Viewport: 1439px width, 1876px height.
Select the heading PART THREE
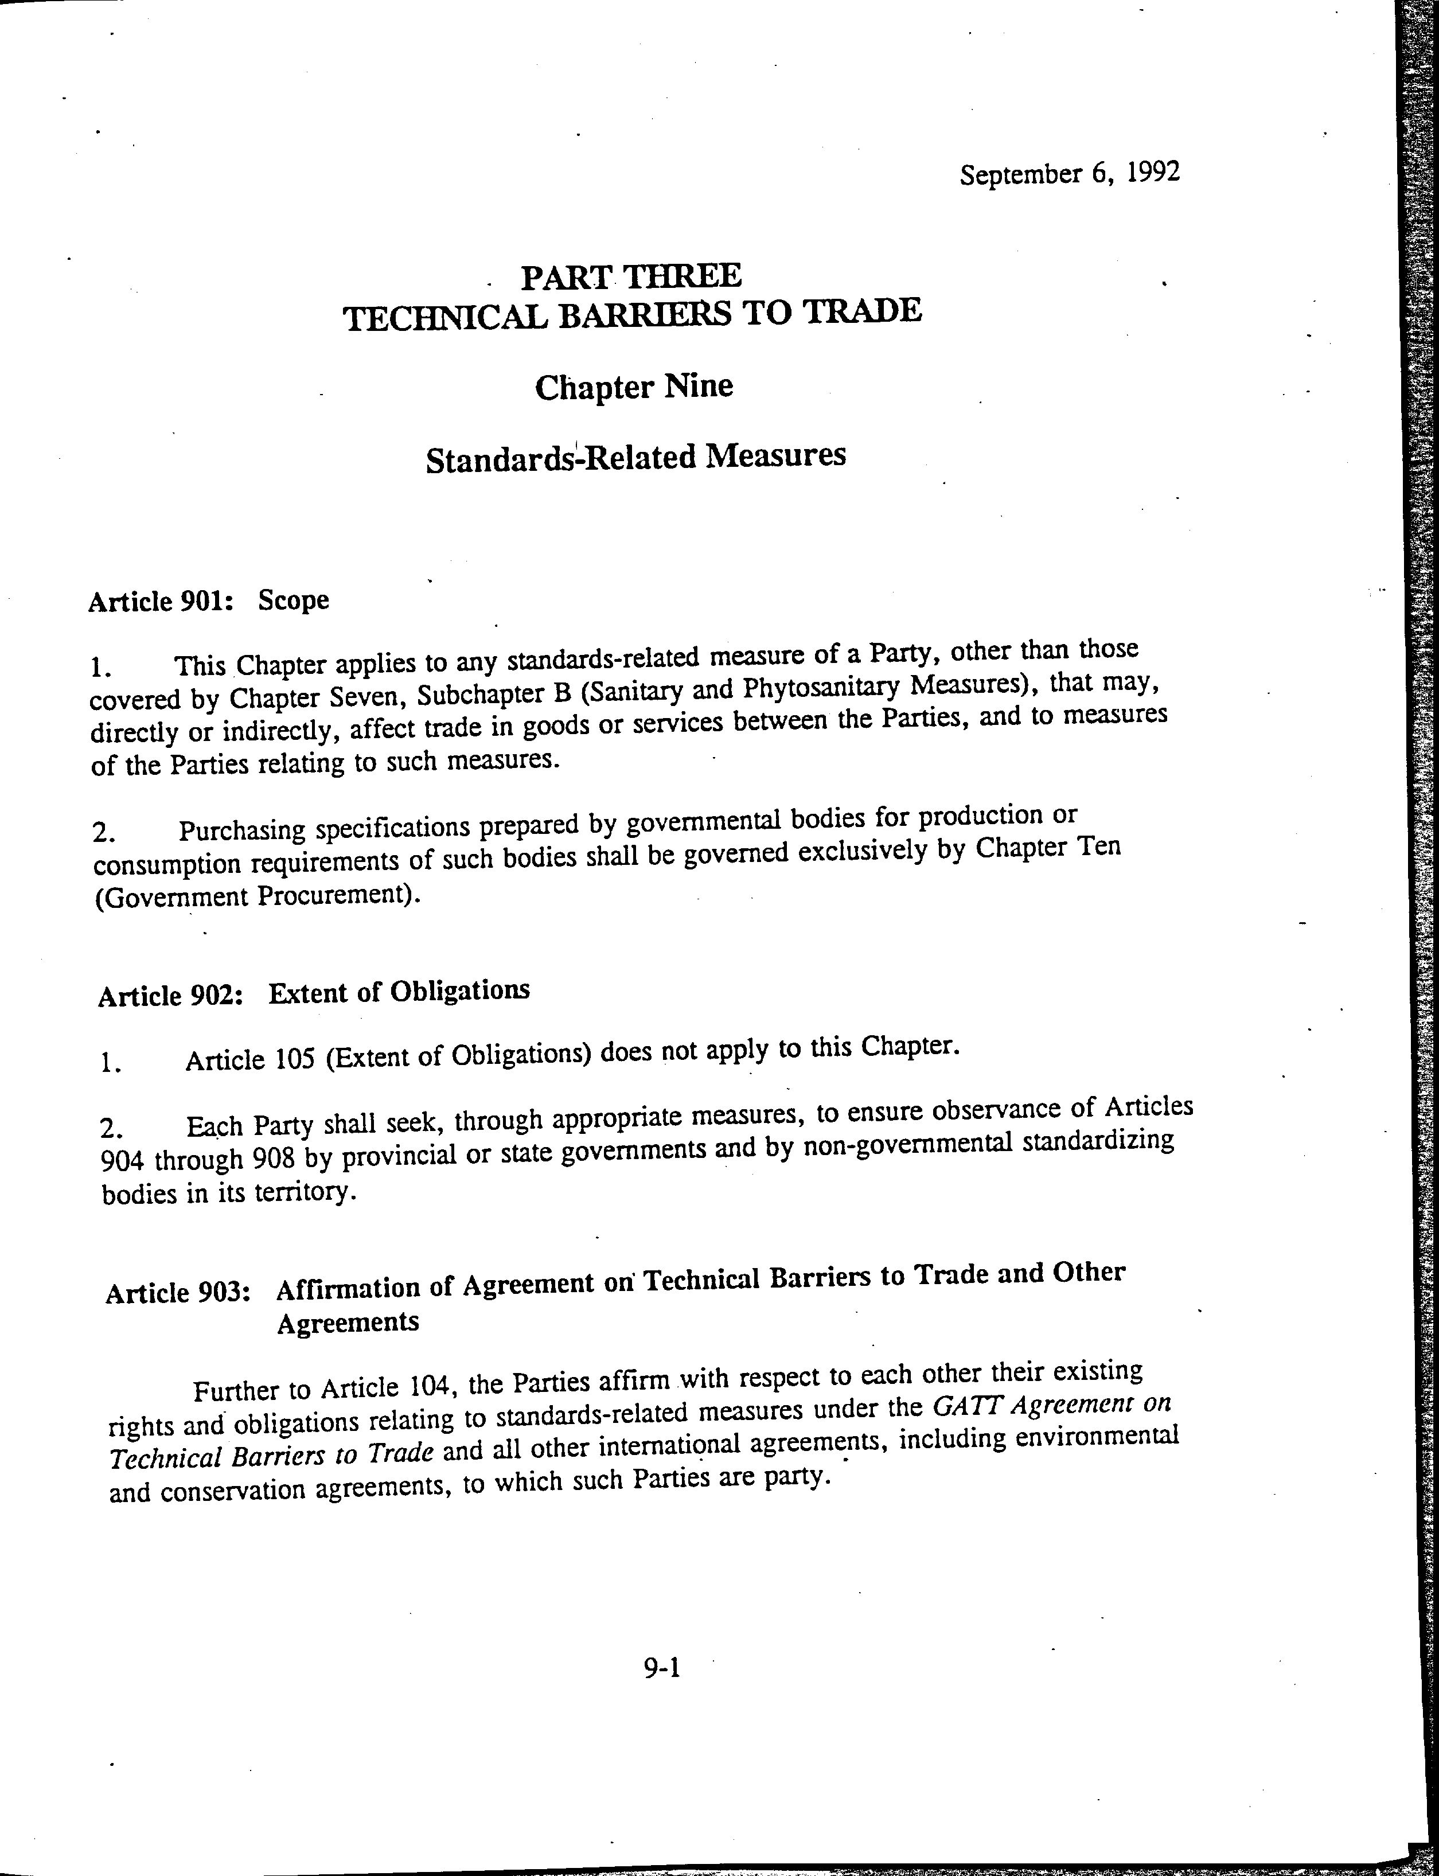coord(632,276)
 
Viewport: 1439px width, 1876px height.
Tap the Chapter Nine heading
coord(634,387)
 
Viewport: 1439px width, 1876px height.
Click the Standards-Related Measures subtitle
coord(635,456)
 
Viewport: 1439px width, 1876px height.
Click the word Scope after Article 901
coord(294,600)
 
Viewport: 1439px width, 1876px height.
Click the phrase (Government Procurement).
coord(259,898)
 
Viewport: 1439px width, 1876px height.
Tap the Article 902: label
coord(172,996)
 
